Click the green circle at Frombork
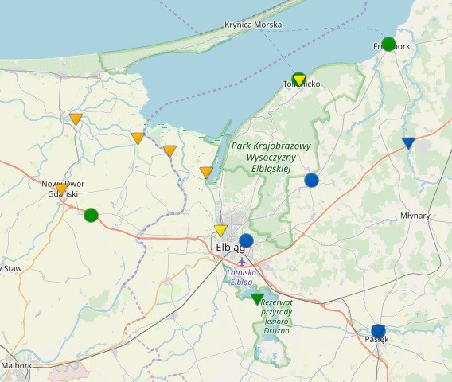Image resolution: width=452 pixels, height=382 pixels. pyautogui.click(x=388, y=44)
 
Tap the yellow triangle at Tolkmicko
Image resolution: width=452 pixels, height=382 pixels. pyautogui.click(x=299, y=79)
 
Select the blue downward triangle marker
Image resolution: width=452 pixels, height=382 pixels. pyautogui.click(x=408, y=143)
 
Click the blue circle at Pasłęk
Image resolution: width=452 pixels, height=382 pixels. pyautogui.click(x=378, y=331)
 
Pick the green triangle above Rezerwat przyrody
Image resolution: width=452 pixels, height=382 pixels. pyautogui.click(x=257, y=299)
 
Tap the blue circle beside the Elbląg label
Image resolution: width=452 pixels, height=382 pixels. pyautogui.click(x=246, y=240)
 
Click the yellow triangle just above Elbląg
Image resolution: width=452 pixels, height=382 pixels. pyautogui.click(x=221, y=230)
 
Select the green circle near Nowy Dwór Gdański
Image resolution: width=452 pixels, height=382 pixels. pyautogui.click(x=91, y=215)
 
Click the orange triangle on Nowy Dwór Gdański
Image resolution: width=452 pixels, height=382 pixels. pyautogui.click(x=61, y=189)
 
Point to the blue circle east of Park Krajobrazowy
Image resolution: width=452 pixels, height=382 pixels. pyautogui.click(x=311, y=180)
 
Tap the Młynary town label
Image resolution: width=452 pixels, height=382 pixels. pyautogui.click(x=415, y=216)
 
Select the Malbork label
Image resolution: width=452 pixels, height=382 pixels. pyautogui.click(x=17, y=366)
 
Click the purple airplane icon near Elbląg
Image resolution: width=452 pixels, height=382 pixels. pyautogui.click(x=242, y=262)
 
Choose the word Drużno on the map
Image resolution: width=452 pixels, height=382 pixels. pyautogui.click(x=276, y=329)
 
